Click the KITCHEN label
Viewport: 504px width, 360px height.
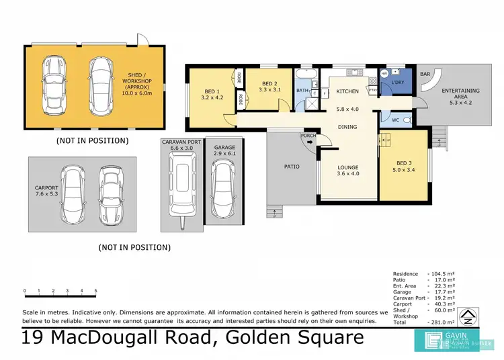click(347, 91)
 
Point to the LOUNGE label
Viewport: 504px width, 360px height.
click(347, 167)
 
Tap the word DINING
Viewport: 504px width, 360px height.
click(347, 126)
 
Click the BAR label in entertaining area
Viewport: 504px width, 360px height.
click(425, 75)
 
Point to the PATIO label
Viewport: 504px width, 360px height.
click(291, 167)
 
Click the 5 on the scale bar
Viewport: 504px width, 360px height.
click(96, 291)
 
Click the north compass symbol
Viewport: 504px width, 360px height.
click(475, 314)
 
